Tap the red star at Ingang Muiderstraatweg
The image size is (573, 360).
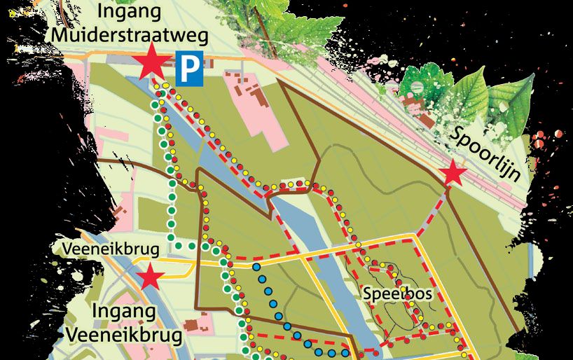pyautogui.click(x=151, y=64)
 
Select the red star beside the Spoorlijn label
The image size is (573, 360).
pyautogui.click(x=453, y=173)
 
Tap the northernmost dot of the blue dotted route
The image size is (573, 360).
pyautogui.click(x=257, y=266)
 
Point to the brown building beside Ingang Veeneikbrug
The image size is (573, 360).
pyautogui.click(x=195, y=325)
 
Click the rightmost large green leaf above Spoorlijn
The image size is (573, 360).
pyautogui.click(x=509, y=105)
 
